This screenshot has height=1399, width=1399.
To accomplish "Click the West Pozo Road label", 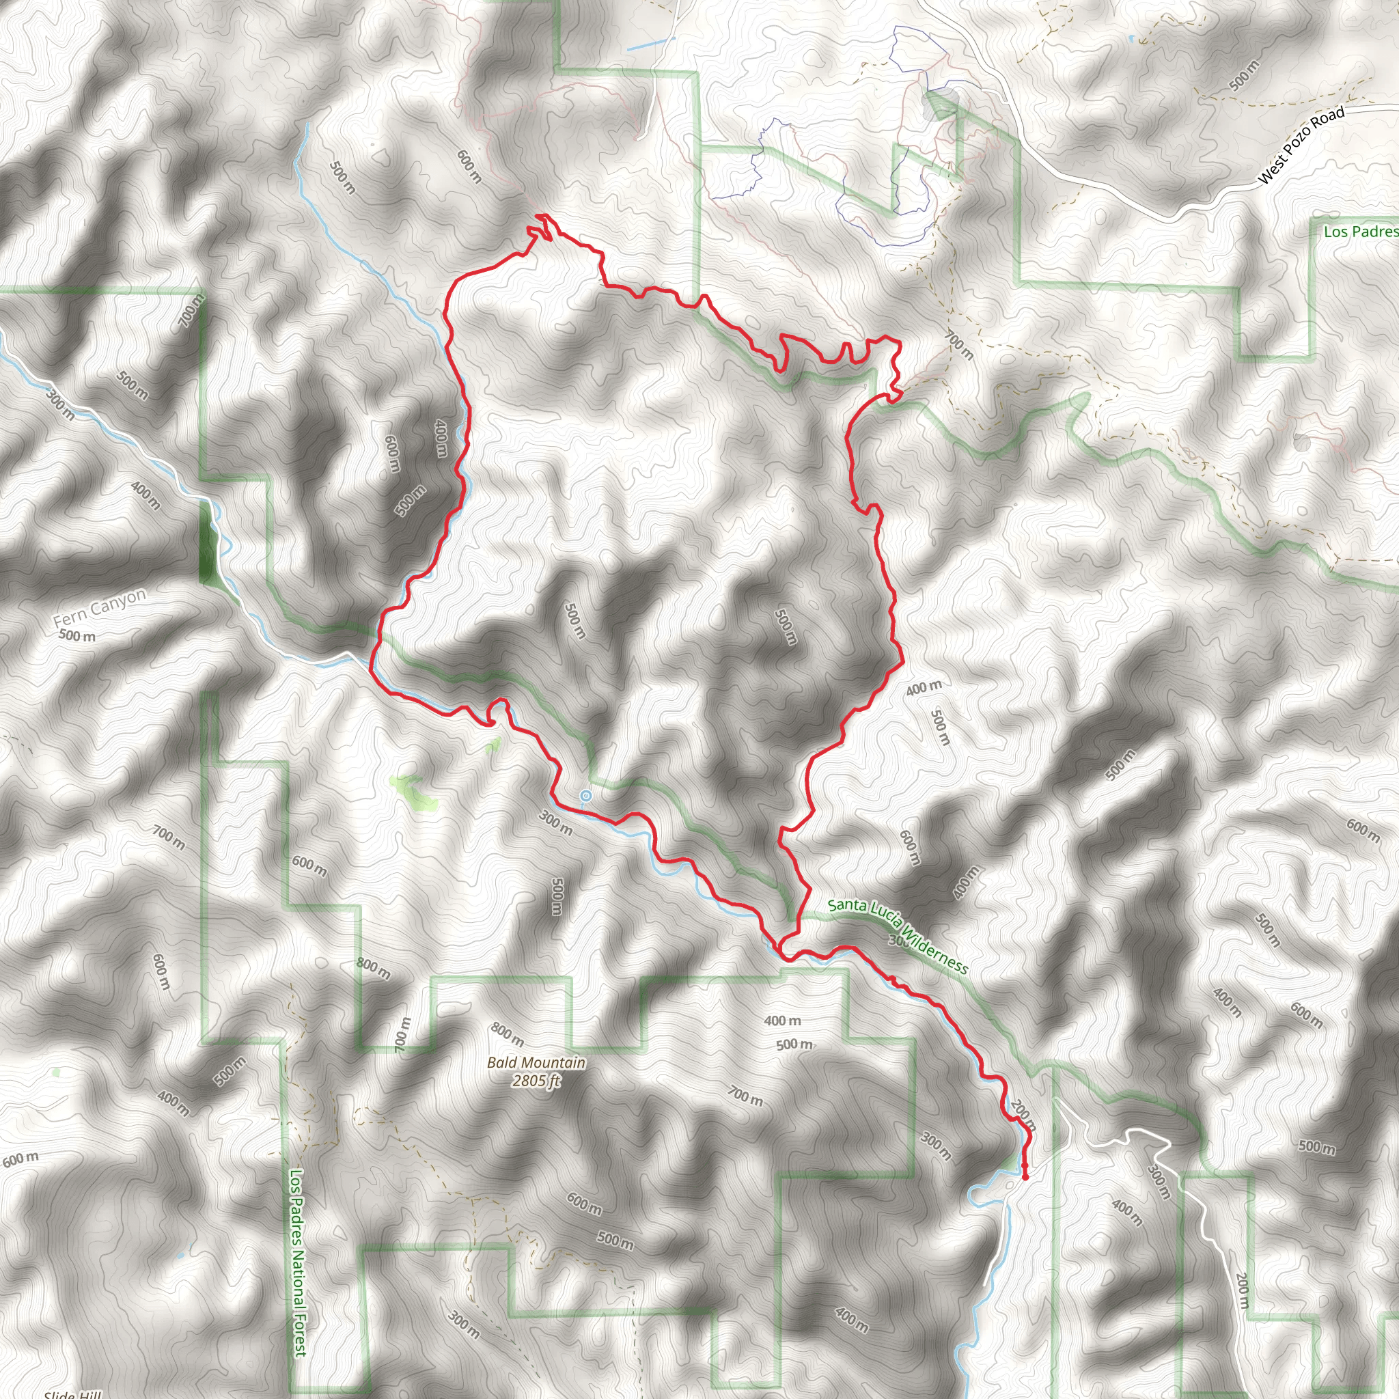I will pos(1301,145).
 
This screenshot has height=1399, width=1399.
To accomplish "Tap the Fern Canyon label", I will pos(99,608).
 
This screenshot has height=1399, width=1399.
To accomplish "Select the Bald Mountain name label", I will pos(536,1062).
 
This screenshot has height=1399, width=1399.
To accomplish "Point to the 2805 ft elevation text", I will pos(536,1081).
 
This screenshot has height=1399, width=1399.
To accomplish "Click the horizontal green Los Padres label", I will pos(1360,232).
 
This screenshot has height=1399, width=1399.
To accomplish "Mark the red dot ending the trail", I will pos(1025,1178).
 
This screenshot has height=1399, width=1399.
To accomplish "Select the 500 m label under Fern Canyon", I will pos(77,637).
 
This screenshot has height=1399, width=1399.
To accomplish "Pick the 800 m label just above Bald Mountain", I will pos(507,1034).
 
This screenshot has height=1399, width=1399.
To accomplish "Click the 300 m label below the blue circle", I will pos(556,822).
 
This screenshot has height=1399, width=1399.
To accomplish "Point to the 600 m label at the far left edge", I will pos(20,1159).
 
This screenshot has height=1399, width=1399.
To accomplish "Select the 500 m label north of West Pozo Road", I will pos(1244,77).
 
